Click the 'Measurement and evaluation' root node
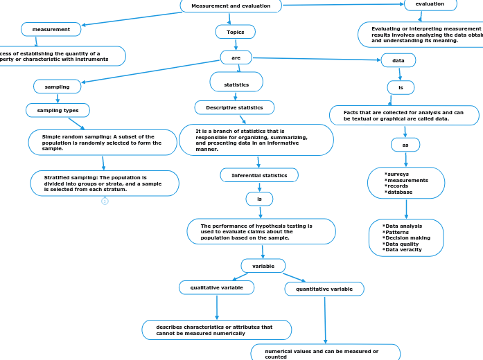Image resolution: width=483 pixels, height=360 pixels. tap(231, 6)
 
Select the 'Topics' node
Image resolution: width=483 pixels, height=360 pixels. tap(236, 32)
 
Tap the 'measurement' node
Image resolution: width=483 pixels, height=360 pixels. tap(51, 29)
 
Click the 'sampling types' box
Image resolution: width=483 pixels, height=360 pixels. tap(58, 110)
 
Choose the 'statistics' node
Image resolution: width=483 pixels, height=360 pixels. tap(236, 84)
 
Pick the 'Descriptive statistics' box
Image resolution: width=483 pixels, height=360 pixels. tap(234, 107)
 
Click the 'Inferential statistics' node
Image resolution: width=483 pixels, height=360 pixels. tap(259, 175)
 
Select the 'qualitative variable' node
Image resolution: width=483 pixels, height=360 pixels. tap(217, 287)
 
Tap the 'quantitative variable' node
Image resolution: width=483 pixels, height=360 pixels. tap(324, 289)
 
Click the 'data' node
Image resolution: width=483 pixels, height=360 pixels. tap(398, 60)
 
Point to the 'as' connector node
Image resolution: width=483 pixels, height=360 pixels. tap(405, 145)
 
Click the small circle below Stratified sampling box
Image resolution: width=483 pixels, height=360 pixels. tap(105, 201)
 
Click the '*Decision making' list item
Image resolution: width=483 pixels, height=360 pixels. tap(406, 237)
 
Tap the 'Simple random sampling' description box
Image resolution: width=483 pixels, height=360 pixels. tap(102, 143)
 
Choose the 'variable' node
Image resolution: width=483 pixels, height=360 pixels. tap(263, 266)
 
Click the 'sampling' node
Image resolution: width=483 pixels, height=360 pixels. tap(57, 87)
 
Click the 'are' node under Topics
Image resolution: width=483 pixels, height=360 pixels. tap(236, 57)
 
